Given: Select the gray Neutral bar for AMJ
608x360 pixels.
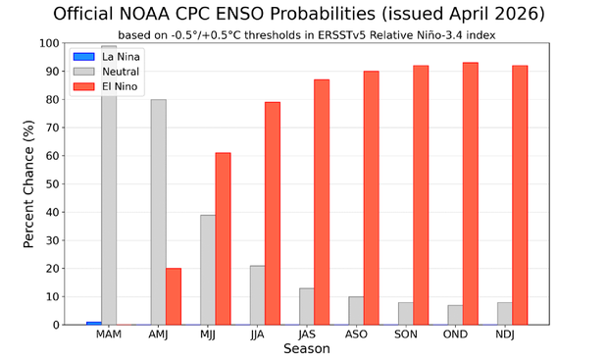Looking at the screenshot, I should click(158, 212).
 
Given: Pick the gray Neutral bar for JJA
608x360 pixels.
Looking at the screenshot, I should click(257, 294).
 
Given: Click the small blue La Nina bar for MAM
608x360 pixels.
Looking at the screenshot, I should click(93, 323).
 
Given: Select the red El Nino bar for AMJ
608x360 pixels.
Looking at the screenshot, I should click(174, 296).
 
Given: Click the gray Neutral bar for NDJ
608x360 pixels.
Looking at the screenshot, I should click(504, 313).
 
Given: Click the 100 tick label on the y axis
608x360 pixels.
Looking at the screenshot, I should click(48, 43).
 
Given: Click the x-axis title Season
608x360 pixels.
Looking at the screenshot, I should click(306, 349).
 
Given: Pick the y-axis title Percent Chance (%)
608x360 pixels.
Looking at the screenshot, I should click(29, 183).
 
